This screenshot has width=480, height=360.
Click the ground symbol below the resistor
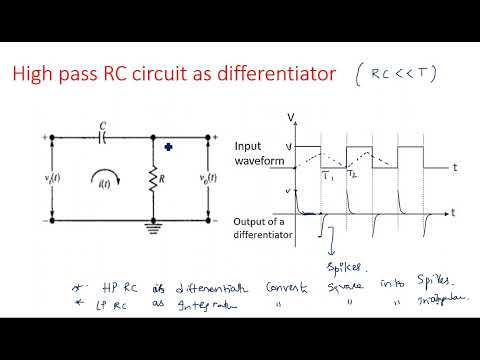click(153, 226)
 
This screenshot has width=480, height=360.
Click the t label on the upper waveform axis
click(454, 168)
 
